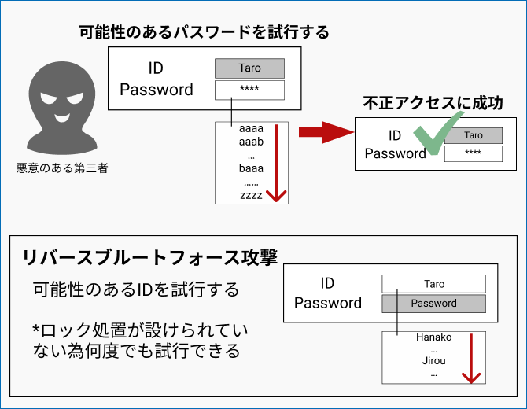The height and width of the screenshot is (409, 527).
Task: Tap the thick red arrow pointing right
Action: pos(322,132)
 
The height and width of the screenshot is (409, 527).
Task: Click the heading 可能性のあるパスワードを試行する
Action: pos(204,32)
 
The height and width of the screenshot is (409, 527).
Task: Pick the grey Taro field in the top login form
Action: pos(249,68)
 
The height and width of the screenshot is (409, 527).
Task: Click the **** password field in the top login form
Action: pos(249,90)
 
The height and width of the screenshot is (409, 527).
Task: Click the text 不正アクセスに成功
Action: pos(433,103)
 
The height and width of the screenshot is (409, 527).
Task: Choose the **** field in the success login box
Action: pos(473,153)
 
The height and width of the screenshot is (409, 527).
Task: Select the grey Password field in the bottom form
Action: pos(433,304)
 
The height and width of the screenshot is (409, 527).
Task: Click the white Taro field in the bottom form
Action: pos(433,284)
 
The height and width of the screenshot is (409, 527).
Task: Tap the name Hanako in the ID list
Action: pos(433,337)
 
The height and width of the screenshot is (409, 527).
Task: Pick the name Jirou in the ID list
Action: pos(433,361)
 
